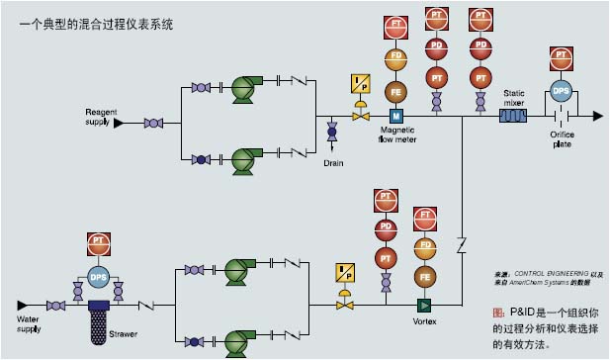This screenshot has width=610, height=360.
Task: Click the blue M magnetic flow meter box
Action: pos(395,117)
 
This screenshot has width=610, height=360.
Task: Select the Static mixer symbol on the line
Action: pos(513,116)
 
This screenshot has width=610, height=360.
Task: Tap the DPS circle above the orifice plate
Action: pos(561,90)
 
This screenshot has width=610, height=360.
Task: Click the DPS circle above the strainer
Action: pos(98,275)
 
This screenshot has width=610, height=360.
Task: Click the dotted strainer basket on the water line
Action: pos(97,325)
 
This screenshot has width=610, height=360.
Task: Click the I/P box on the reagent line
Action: pos(359,84)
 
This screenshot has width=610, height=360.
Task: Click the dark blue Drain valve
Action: pos(331,131)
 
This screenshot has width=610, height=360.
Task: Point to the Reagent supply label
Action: pos(100,118)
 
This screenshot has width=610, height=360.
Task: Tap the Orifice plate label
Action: pos(562,139)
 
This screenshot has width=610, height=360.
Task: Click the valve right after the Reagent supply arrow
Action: pos(153,124)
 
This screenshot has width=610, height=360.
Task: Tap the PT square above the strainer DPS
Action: pos(98,240)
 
